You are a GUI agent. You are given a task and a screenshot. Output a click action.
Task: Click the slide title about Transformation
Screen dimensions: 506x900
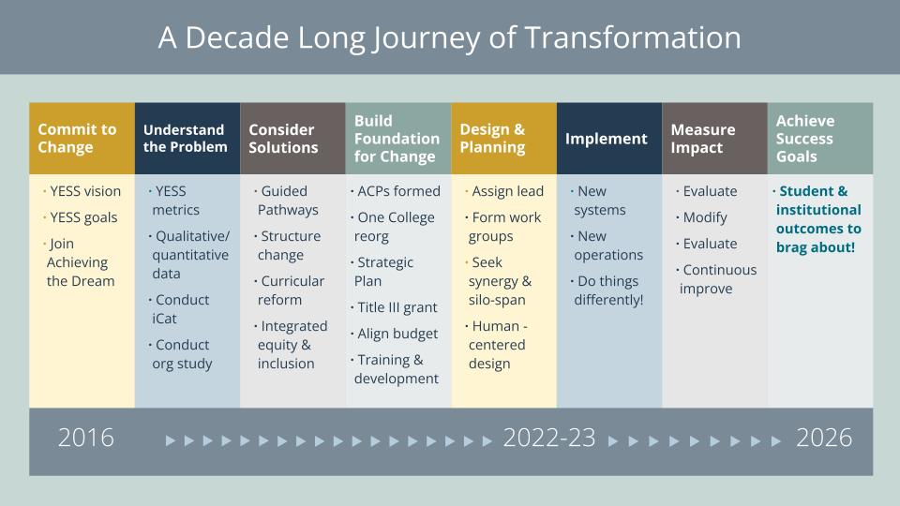point(449,37)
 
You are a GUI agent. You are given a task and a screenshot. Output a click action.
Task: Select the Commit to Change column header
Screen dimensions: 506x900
point(77,139)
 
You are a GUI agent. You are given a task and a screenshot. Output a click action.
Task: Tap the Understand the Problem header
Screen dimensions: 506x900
point(185,139)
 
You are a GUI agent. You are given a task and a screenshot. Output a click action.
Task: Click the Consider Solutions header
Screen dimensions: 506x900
point(283,139)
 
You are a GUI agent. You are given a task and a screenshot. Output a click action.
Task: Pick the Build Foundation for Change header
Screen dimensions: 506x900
point(397,139)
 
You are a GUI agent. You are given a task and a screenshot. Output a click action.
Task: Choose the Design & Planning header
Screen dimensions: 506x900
point(492,139)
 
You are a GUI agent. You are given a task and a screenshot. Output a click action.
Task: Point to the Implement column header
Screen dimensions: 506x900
point(606,139)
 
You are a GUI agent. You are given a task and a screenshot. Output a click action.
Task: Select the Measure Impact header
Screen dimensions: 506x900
point(703,139)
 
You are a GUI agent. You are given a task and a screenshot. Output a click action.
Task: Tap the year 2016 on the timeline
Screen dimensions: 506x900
point(86,438)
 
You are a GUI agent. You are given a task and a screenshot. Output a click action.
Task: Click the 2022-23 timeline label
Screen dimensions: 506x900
point(549,438)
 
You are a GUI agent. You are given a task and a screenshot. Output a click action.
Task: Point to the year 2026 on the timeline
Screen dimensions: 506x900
point(824,438)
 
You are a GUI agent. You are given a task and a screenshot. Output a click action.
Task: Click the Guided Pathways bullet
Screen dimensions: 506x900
point(288,201)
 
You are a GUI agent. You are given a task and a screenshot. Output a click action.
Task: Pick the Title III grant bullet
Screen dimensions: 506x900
point(397,307)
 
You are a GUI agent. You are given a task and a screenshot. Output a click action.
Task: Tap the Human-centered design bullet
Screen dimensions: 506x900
point(502,345)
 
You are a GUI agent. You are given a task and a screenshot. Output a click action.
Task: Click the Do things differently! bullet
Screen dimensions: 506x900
point(608,290)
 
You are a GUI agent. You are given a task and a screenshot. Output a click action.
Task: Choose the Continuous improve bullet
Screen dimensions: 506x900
point(717,279)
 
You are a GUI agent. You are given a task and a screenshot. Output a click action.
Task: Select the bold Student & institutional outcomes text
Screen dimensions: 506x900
point(817,219)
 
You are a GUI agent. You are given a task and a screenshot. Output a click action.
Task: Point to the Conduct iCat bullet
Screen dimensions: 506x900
point(182,309)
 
